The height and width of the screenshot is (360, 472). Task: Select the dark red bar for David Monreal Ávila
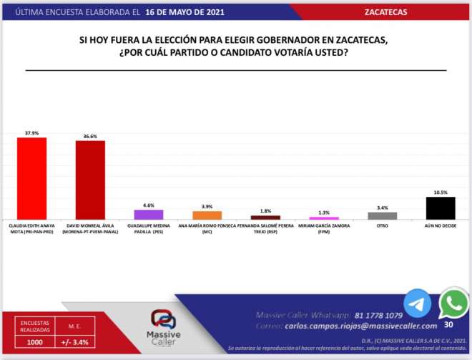[90, 180]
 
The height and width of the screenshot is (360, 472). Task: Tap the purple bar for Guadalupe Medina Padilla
[149, 214]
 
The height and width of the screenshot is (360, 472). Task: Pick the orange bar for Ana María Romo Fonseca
[207, 215]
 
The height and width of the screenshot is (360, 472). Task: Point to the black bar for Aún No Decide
[441, 208]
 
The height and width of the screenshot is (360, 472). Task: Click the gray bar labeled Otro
[382, 215]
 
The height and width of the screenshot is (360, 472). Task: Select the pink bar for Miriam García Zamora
[324, 218]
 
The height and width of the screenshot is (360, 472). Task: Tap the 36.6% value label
[90, 136]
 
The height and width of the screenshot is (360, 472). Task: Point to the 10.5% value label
[441, 193]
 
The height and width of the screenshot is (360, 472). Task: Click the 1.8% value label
[265, 211]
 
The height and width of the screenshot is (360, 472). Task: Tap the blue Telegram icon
[417, 303]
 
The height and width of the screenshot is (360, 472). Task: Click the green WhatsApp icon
[453, 303]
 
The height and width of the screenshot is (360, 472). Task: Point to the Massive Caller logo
[165, 326]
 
